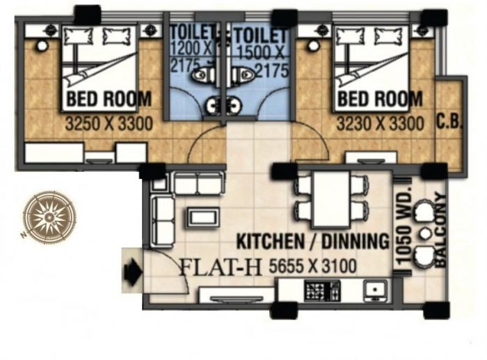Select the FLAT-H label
212,267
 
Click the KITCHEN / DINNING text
312,242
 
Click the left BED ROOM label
108,100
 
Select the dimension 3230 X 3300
380,125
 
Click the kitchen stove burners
317,288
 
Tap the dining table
331,198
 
